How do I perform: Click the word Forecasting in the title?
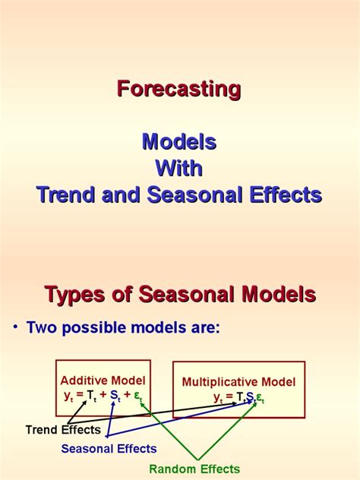[178, 90]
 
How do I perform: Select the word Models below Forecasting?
[179, 142]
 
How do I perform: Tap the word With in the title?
[179, 168]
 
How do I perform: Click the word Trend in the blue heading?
[65, 194]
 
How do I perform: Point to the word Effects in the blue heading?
[286, 194]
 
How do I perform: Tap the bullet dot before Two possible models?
[15, 327]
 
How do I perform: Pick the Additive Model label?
[103, 381]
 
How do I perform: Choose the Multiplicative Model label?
[238, 382]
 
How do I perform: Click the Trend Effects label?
[63, 430]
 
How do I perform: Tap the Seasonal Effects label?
[109, 449]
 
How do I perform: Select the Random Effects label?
[194, 469]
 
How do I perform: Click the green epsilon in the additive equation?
[137, 396]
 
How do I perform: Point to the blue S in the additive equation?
[114, 395]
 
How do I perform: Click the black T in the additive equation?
[90, 395]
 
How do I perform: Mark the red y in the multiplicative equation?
[217, 397]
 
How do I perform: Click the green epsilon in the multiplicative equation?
[259, 398]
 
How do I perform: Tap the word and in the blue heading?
[121, 194]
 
